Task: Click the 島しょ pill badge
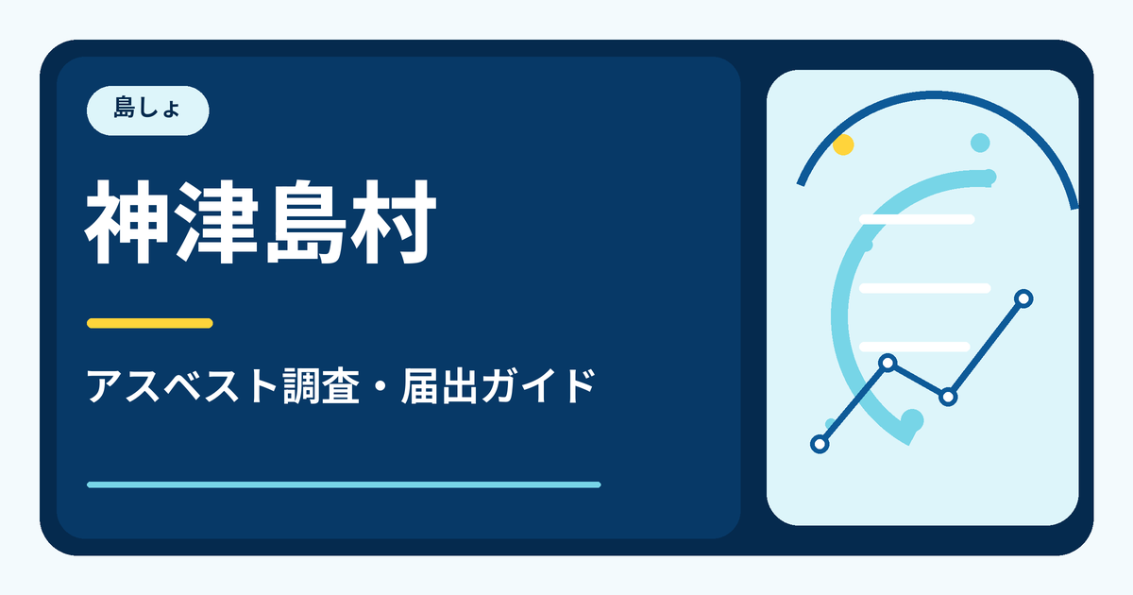pyautogui.click(x=147, y=110)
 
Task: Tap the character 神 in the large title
pyautogui.click(x=127, y=222)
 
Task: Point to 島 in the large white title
pyautogui.click(x=306, y=222)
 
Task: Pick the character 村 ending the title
pyautogui.click(x=394, y=222)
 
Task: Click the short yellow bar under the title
pyautogui.click(x=150, y=323)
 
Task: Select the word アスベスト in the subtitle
pyautogui.click(x=181, y=386)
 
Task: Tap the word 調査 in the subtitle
pyautogui.click(x=321, y=386)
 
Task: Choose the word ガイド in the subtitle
pyautogui.click(x=538, y=386)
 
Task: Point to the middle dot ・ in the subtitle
pyautogui.click(x=380, y=387)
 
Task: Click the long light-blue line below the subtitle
pyautogui.click(x=344, y=484)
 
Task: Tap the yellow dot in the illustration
pyautogui.click(x=843, y=144)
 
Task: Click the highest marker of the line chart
pyautogui.click(x=1023, y=298)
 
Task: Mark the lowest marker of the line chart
pyautogui.click(x=820, y=444)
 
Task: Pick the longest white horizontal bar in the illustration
pyautogui.click(x=925, y=288)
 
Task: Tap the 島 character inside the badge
pyautogui.click(x=124, y=108)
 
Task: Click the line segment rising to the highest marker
pyautogui.click(x=986, y=348)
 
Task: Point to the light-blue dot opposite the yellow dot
pyautogui.click(x=980, y=143)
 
